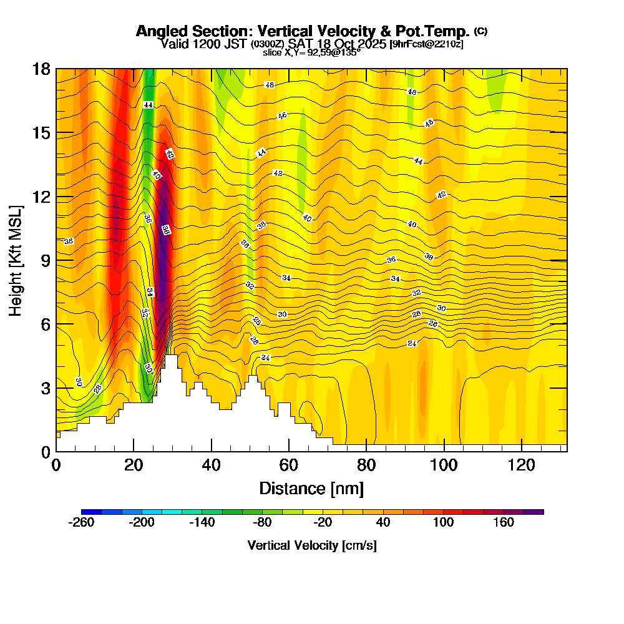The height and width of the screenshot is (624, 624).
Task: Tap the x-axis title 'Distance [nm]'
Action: pyautogui.click(x=311, y=488)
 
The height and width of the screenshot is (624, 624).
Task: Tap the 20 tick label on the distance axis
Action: pyautogui.click(x=134, y=465)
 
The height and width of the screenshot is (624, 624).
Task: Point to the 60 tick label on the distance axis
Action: pyautogui.click(x=289, y=465)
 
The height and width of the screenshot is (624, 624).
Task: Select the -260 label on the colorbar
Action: pyautogui.click(x=81, y=522)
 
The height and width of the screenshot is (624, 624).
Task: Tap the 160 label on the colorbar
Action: pyautogui.click(x=504, y=522)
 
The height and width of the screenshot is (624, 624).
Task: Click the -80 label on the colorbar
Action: pyautogui.click(x=262, y=522)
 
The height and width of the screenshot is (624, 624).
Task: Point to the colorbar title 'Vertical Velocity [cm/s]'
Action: pyautogui.click(x=311, y=545)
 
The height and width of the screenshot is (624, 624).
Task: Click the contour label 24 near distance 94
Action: pyautogui.click(x=412, y=344)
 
